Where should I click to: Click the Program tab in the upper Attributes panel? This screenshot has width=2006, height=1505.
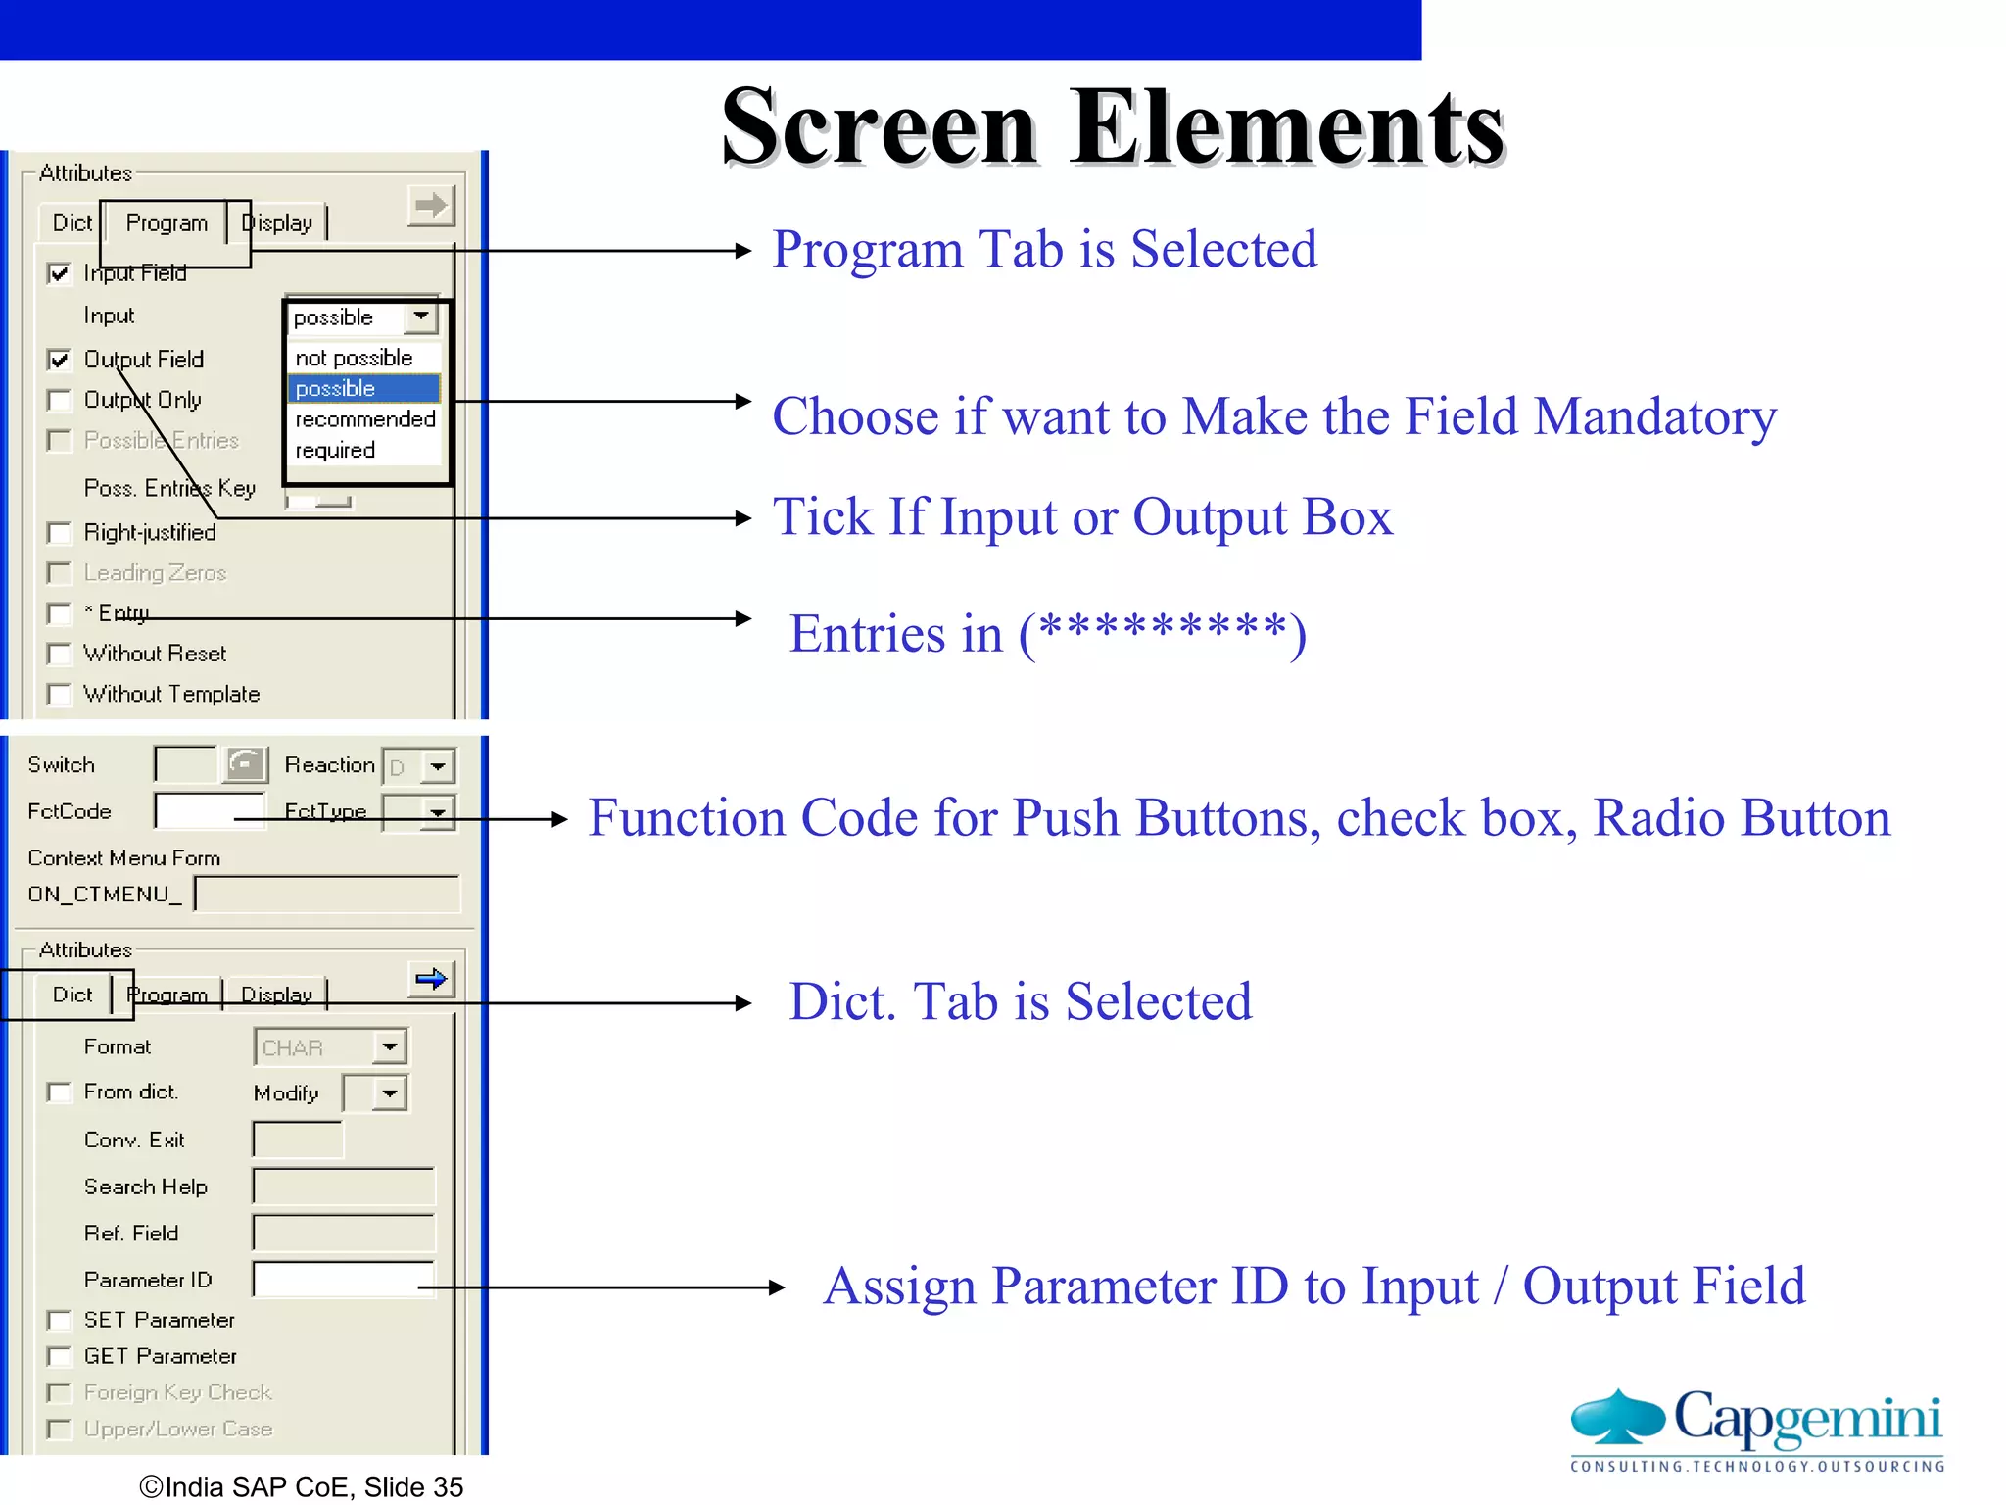(167, 223)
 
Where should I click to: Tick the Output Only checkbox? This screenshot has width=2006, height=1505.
(60, 401)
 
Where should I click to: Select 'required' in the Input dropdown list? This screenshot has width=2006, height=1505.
(336, 451)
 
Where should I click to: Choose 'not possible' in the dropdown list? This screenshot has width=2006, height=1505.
(354, 359)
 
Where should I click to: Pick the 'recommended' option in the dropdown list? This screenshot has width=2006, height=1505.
(364, 419)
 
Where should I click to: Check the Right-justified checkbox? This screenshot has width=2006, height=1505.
(60, 534)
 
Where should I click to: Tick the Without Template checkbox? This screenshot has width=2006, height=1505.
(60, 695)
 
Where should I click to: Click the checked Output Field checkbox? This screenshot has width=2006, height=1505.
(60, 360)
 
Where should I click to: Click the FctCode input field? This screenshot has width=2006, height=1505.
(209, 811)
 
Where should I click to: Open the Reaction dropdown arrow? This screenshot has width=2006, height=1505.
(438, 766)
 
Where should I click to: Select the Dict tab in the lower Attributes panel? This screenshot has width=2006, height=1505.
(72, 995)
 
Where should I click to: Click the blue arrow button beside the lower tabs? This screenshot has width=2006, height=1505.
(431, 979)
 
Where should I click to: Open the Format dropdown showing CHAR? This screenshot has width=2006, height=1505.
(390, 1047)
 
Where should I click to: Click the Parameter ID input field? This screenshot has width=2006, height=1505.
(342, 1280)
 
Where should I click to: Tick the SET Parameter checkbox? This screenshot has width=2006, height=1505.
(60, 1321)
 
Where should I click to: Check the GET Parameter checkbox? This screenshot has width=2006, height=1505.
(60, 1357)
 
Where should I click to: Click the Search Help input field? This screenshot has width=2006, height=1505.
(343, 1187)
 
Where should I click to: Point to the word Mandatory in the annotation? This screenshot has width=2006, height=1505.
(1655, 417)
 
